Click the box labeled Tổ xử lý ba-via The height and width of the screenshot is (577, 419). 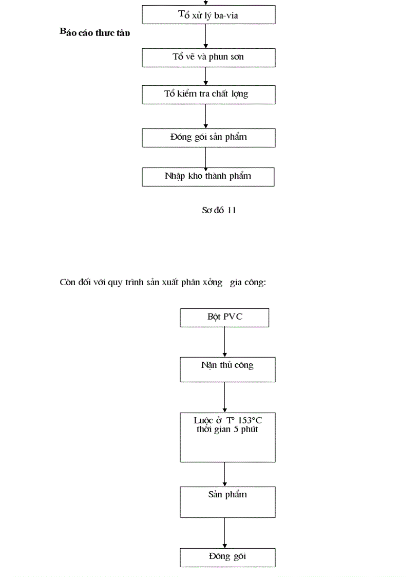208,15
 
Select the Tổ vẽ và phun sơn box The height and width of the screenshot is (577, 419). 208,57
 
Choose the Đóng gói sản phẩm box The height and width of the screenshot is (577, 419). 208,137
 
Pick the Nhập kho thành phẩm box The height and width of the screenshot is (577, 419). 208,176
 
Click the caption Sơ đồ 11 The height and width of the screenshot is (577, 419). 219,210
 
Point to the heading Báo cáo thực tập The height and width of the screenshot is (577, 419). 95,33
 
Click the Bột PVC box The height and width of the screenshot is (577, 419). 224,317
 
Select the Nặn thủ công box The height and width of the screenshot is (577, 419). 227,369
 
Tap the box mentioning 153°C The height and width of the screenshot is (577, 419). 227,436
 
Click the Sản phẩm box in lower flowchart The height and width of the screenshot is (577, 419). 227,501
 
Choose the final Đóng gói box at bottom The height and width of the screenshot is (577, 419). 227,557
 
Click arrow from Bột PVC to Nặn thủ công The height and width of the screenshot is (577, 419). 224,342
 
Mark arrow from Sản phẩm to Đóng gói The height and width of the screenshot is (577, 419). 224,533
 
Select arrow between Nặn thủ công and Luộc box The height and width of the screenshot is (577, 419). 224,397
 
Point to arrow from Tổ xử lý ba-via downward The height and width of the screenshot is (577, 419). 205,36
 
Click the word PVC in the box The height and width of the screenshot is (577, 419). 233,317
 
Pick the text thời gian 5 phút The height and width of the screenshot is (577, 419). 227,430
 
